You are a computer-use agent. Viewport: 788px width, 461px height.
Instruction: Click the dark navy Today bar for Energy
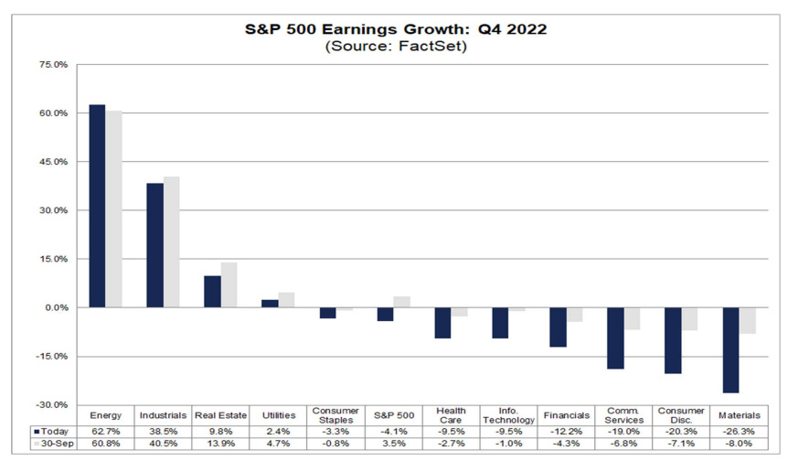click(97, 206)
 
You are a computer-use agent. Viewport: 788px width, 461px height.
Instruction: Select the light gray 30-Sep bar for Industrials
click(171, 241)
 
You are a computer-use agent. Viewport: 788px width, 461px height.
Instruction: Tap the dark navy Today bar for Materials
click(729, 350)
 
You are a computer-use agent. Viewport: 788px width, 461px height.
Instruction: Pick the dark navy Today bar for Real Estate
click(212, 292)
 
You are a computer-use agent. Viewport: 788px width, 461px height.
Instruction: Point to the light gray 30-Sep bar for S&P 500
click(401, 302)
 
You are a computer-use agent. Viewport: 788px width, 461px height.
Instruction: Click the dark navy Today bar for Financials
click(558, 327)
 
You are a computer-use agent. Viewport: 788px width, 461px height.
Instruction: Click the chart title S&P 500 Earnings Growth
click(396, 28)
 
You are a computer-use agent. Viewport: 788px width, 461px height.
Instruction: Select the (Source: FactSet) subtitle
click(396, 47)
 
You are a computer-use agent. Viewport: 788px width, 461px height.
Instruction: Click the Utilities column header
click(278, 415)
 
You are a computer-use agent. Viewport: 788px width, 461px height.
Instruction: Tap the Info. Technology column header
click(507, 414)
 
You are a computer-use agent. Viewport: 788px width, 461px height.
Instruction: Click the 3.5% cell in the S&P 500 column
click(393, 443)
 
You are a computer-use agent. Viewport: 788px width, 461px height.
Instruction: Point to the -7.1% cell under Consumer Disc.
click(680, 443)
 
